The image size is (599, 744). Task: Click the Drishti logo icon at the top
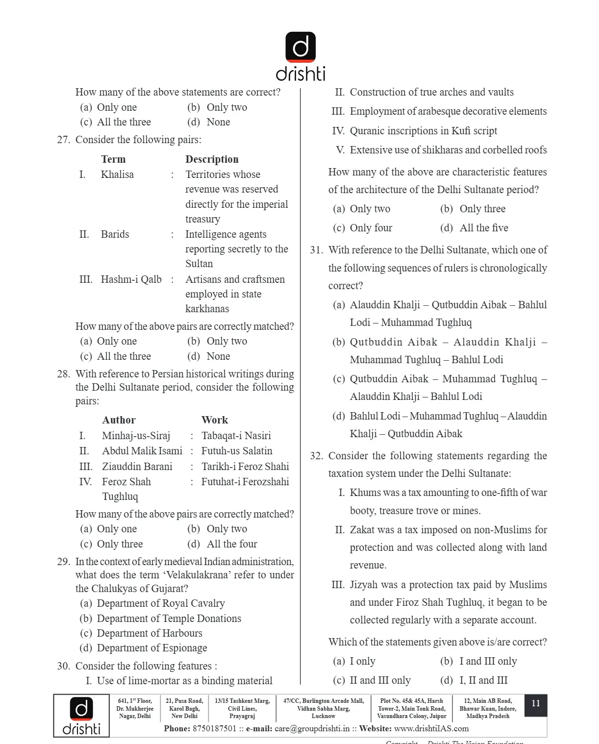pos(300,47)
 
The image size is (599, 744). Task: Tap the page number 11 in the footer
pos(535,703)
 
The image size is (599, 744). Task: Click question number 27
pos(64,140)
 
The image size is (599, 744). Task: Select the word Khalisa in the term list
pos(117,174)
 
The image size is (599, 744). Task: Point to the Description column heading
pos(212,159)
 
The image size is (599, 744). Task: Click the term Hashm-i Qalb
pos(131,279)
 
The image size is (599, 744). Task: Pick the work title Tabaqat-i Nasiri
pos(236,436)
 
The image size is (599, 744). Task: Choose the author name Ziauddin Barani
pos(137,467)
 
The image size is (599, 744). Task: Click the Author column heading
pos(119,420)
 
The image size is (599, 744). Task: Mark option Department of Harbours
pos(149,633)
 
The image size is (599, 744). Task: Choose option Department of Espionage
pos(151,648)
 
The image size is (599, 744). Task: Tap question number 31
pos(317,250)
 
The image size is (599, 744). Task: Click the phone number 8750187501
pos(214,729)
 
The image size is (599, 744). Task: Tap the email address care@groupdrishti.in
pos(312,729)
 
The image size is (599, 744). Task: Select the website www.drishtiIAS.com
pos(431,729)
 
